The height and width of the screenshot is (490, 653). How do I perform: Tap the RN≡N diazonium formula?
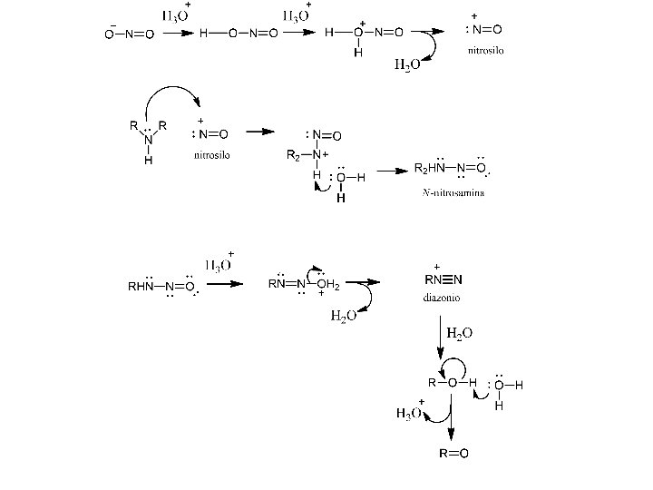point(444,279)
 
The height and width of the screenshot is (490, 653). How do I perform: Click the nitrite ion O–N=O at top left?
point(129,34)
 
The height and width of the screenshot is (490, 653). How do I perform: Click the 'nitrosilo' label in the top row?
point(485,50)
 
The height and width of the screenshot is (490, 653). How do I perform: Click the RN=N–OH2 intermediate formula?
point(304,284)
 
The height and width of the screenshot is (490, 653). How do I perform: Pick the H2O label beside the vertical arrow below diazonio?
point(459,335)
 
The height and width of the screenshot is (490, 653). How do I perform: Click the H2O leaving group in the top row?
point(405,64)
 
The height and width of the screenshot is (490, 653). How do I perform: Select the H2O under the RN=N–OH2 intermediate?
point(342,315)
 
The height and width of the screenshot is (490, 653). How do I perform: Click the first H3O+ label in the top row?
point(176,15)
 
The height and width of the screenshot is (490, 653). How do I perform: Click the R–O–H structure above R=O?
point(452,382)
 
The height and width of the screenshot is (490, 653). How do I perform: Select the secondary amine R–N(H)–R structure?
point(148,139)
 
